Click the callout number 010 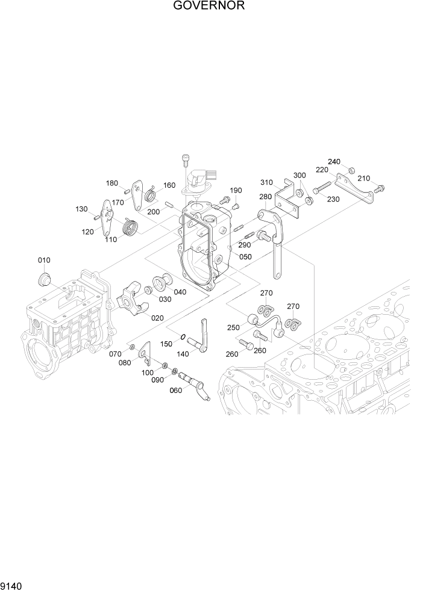pyautogui.click(x=44, y=260)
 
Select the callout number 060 pyautogui.click(x=175, y=390)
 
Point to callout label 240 pyautogui.click(x=334, y=161)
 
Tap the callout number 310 pyautogui.click(x=267, y=182)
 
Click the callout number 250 pyautogui.click(x=233, y=327)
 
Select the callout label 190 pyautogui.click(x=235, y=190)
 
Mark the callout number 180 pyautogui.click(x=112, y=183)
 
